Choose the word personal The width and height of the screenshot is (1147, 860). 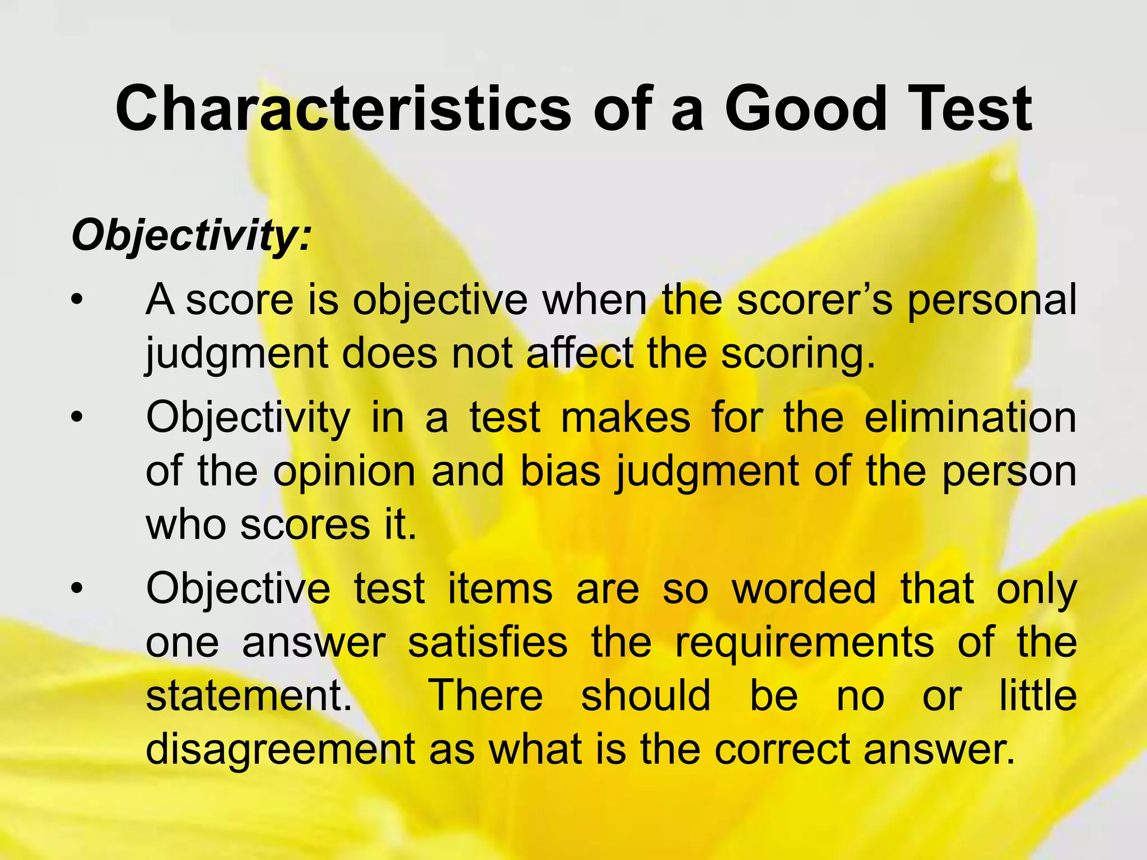pyautogui.click(x=991, y=300)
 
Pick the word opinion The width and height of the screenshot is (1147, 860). pyautogui.click(x=344, y=472)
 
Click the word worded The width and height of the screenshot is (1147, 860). pyautogui.click(x=804, y=589)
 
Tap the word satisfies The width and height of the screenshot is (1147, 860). pyautogui.click(x=487, y=642)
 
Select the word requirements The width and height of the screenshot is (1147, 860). pyautogui.click(x=804, y=643)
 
